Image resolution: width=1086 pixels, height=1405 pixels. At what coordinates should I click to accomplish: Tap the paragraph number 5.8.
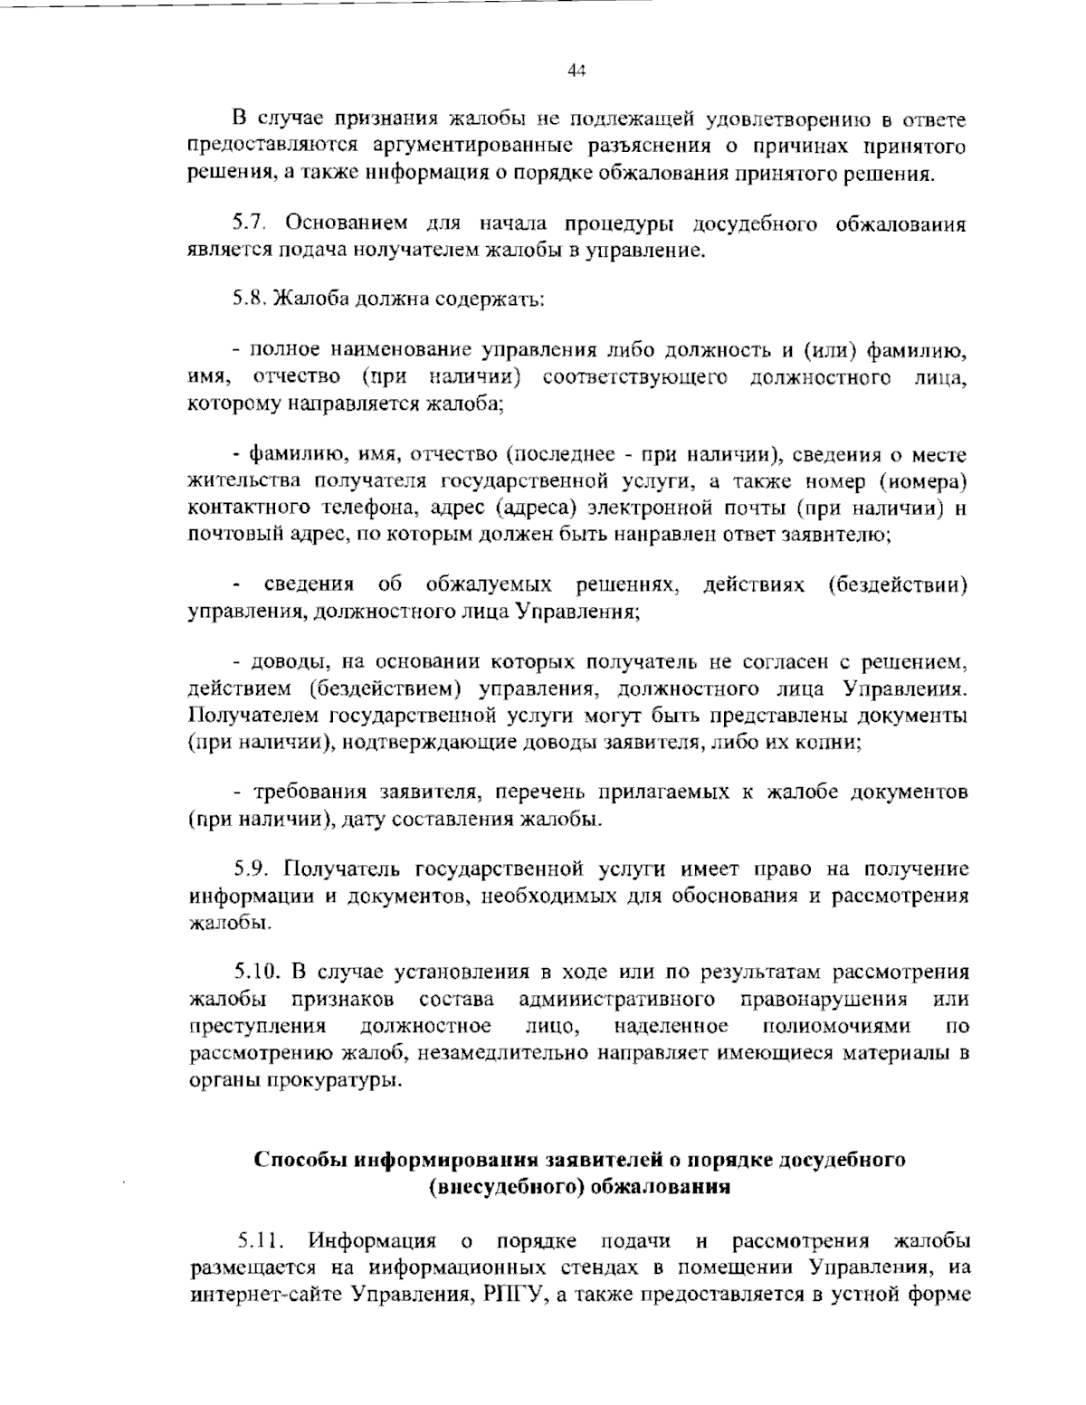pyautogui.click(x=249, y=299)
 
